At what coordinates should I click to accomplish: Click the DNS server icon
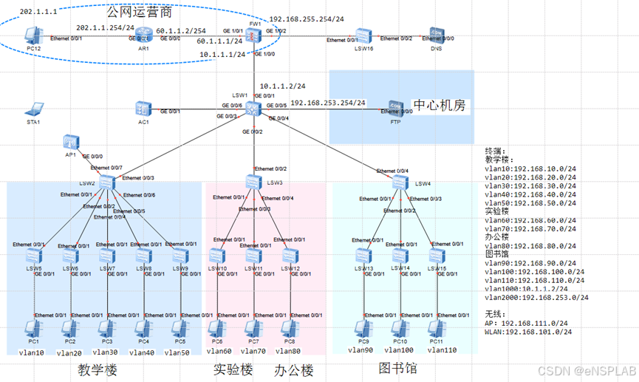tap(437, 36)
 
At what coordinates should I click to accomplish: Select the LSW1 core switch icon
tap(255, 109)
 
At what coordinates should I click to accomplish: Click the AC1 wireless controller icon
tap(143, 109)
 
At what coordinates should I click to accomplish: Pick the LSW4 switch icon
tap(402, 181)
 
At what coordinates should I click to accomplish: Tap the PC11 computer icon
tap(442, 327)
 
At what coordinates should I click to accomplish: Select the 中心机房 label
tap(439, 106)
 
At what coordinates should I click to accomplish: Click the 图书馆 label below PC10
tap(397, 366)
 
